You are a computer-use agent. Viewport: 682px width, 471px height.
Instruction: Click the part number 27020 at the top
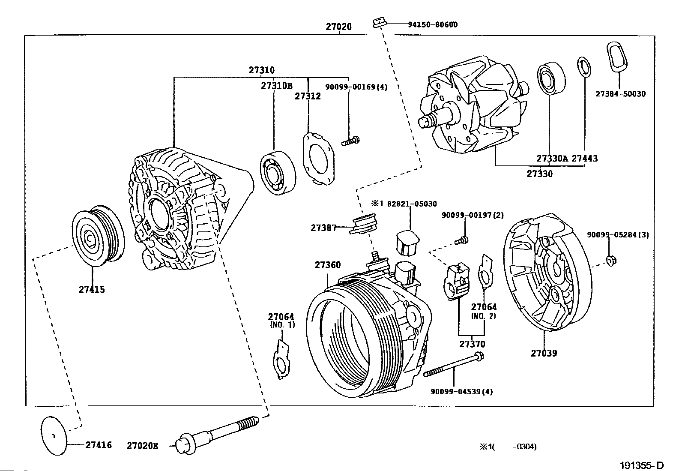338,27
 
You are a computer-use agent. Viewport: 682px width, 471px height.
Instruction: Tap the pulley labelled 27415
98,236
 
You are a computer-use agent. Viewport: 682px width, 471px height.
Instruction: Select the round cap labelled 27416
54,435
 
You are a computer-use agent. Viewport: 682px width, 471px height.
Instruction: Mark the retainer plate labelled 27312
319,158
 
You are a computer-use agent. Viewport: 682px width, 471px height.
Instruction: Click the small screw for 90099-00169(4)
350,140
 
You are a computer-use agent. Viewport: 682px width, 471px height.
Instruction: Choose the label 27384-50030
620,94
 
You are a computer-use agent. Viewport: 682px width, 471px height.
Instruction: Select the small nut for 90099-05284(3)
612,260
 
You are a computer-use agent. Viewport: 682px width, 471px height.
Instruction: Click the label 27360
328,265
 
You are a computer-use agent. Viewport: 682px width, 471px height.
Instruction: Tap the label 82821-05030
412,204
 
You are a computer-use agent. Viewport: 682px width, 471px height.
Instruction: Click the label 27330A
552,159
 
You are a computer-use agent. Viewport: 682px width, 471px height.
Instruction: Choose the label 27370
472,344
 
